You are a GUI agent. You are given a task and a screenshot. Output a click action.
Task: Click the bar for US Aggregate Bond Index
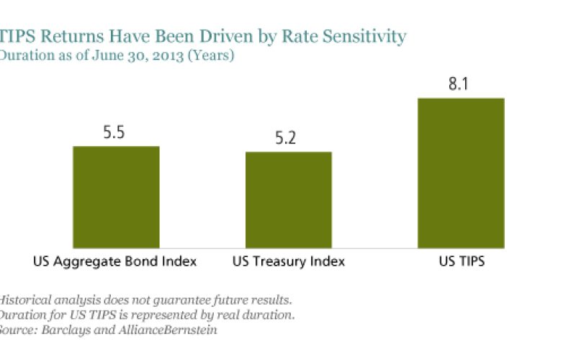[x=116, y=197]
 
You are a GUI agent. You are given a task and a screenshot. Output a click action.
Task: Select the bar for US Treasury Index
[x=289, y=199]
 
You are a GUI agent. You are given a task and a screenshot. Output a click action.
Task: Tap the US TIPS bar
[x=461, y=173]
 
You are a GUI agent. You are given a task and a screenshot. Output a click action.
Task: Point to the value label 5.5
[x=116, y=134]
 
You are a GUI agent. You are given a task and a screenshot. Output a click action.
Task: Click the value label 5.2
[x=289, y=140]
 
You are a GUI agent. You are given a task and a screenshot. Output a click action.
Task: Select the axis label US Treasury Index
[x=288, y=261]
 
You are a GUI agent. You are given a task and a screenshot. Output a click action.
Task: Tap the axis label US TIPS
[x=461, y=261]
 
